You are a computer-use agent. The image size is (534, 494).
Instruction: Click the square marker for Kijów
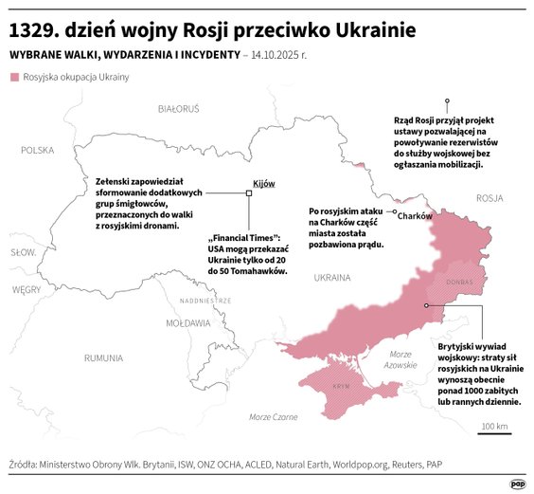pyautogui.click(x=248, y=193)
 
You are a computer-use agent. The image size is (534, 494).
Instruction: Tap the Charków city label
pyautogui.click(x=415, y=216)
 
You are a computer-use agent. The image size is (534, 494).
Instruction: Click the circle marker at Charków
pyautogui.click(x=395, y=213)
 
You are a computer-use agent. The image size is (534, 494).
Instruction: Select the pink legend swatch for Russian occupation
pyautogui.click(x=12, y=77)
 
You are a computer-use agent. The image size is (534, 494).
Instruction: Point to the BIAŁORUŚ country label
pyautogui.click(x=179, y=109)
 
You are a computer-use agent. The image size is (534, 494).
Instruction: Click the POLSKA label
pyautogui.click(x=38, y=150)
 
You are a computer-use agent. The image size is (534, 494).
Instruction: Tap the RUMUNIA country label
pyautogui.click(x=102, y=357)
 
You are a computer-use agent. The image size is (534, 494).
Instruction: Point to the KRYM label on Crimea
pyautogui.click(x=341, y=387)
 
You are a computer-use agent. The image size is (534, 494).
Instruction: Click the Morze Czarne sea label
pyautogui.click(x=273, y=417)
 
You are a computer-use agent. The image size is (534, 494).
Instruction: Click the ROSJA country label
pyautogui.click(x=489, y=198)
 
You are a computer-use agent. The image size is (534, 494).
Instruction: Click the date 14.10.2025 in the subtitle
pyautogui.click(x=277, y=55)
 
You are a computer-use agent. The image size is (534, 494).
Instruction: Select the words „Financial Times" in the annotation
pyautogui.click(x=241, y=237)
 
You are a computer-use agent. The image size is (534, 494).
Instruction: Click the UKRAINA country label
pyautogui.click(x=331, y=278)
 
